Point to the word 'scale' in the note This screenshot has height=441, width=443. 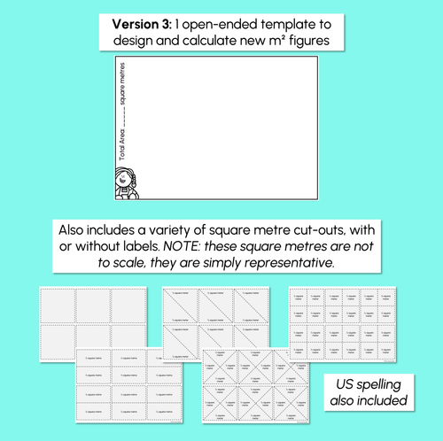(x=156, y=265)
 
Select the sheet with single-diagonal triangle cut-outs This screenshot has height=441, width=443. (x=218, y=315)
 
